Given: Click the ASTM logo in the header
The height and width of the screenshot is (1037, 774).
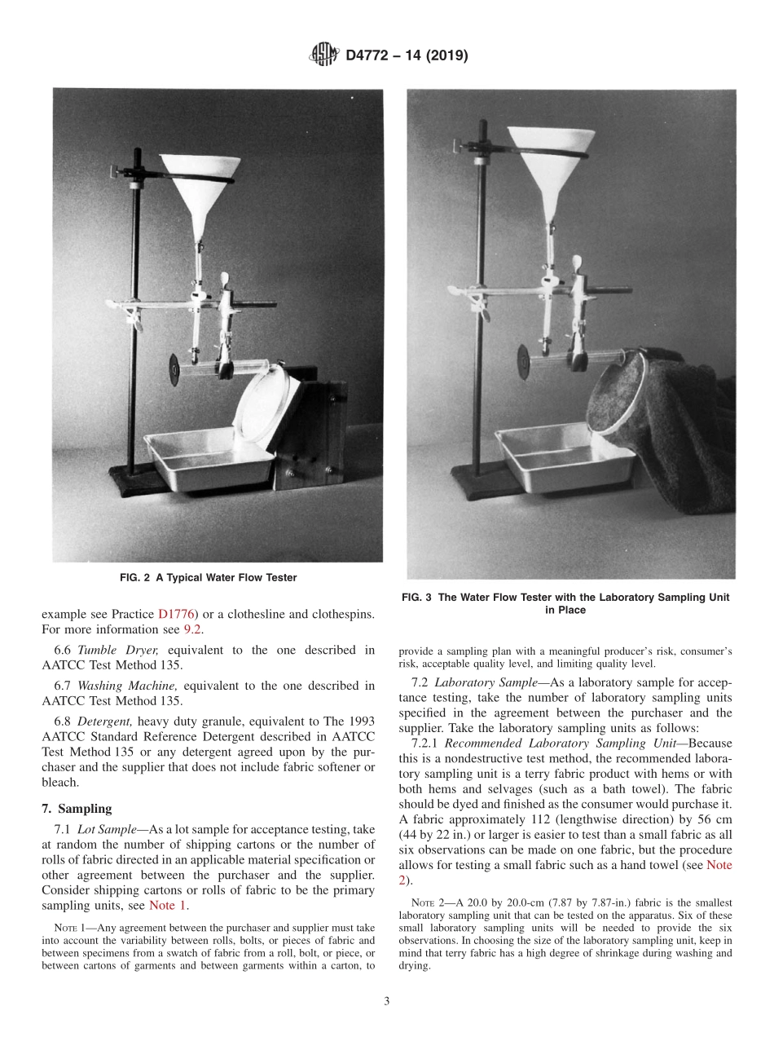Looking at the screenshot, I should pyautogui.click(x=323, y=56).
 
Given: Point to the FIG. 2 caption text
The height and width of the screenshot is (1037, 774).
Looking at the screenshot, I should pyautogui.click(x=208, y=578).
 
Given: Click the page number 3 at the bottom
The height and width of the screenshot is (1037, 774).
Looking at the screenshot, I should pyautogui.click(x=386, y=1001).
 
